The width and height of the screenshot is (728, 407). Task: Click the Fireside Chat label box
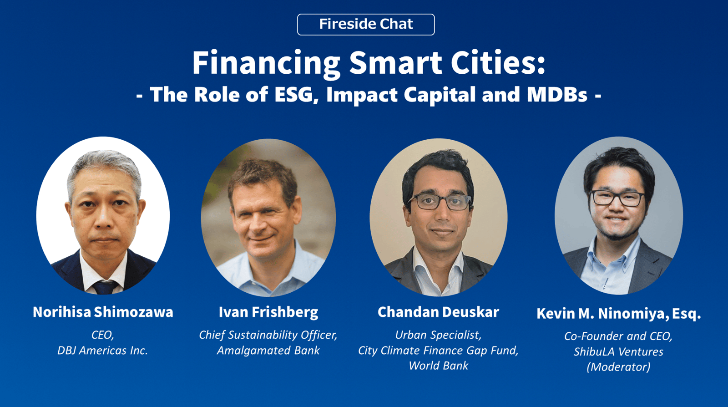[x=366, y=25]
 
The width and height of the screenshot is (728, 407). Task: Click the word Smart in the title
[x=395, y=63]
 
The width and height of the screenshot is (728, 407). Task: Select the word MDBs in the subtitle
[x=557, y=95]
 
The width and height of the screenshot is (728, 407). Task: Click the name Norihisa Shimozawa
[x=103, y=312]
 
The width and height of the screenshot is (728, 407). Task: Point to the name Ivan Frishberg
[x=268, y=312]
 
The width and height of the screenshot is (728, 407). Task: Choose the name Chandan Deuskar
[x=438, y=312]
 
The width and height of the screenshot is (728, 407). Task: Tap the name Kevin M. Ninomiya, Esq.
[x=618, y=314]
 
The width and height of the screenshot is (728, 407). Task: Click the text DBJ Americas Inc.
[x=103, y=351]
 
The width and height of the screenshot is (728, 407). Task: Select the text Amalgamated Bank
[x=268, y=351]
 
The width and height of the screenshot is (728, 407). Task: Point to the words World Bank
[x=439, y=366]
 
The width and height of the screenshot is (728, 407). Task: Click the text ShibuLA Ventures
[x=618, y=351]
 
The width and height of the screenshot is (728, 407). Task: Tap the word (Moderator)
[x=618, y=367]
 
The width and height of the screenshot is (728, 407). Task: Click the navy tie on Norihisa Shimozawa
[x=105, y=287]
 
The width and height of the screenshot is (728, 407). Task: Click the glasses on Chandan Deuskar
[x=440, y=202]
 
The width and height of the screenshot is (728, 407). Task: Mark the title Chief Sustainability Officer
[x=268, y=335]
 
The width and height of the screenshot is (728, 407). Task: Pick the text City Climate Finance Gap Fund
[x=439, y=351]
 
